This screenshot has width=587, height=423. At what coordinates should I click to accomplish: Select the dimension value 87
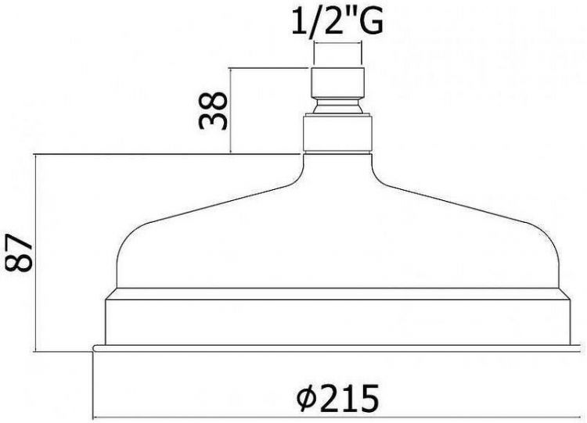[x=18, y=253]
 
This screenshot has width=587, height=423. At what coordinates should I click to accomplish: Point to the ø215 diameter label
[x=337, y=398]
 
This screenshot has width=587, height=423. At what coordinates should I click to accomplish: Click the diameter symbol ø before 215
[x=306, y=399]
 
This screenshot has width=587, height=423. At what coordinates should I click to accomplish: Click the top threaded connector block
[x=337, y=83]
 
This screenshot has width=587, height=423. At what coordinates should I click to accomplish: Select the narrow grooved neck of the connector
[x=337, y=106]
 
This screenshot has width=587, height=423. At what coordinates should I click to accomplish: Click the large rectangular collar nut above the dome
[x=337, y=134]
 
